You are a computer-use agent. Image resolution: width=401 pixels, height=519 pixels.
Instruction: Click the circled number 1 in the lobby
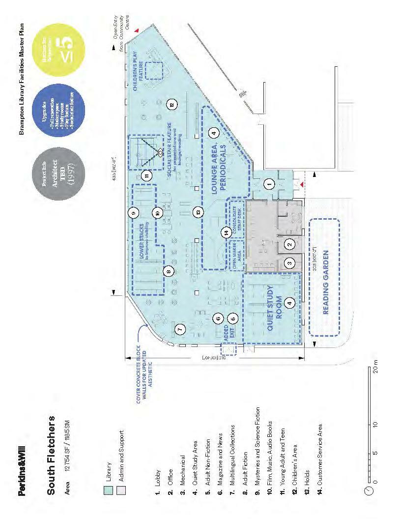(268, 184)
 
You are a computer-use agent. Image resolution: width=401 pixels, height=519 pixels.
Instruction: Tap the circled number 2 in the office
(290, 243)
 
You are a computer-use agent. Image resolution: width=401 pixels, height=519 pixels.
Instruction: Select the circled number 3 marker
(290, 263)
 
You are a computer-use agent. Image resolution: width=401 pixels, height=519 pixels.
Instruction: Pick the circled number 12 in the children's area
(172, 104)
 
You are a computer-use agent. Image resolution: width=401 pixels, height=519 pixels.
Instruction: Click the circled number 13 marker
(198, 212)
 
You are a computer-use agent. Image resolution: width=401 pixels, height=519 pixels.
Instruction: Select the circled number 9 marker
(133, 213)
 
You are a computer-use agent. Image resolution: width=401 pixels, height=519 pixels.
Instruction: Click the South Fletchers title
(51, 447)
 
